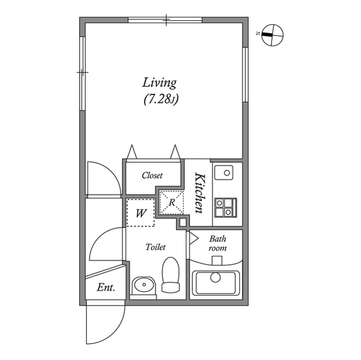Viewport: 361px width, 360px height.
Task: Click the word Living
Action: click(159, 83)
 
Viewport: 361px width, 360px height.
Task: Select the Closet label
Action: click(152, 175)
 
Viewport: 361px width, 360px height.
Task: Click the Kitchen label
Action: click(199, 193)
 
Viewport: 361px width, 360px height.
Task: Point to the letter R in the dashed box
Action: click(171, 202)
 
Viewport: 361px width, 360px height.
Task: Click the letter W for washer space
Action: click(141, 213)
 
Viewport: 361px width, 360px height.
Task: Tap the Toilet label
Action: click(155, 247)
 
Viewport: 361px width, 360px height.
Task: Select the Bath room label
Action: click(218, 243)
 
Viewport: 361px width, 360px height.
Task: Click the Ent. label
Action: click(105, 287)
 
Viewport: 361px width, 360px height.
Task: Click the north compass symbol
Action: click(272, 34)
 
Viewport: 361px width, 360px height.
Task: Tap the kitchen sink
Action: click(227, 172)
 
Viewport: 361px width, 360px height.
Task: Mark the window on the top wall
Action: click(165, 20)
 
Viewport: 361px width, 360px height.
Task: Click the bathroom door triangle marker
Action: click(192, 238)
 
